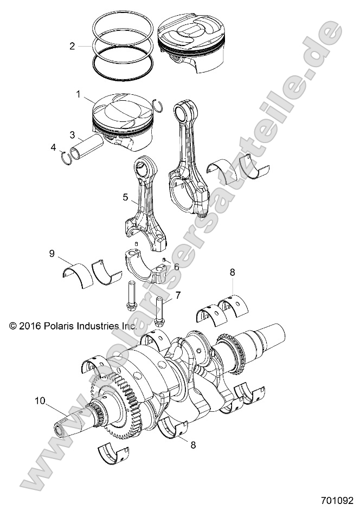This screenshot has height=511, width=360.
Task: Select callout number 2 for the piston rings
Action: click(72, 46)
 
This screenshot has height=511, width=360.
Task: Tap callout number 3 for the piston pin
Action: click(72, 134)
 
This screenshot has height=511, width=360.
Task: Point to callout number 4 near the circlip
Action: click(53, 147)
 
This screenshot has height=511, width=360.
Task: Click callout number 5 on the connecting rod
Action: click(126, 198)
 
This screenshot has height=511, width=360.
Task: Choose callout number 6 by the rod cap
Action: click(176, 267)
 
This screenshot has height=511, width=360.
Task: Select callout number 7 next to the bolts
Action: click(177, 295)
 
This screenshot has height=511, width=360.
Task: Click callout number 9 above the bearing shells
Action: click(52, 253)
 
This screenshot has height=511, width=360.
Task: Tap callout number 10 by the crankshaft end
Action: click(40, 402)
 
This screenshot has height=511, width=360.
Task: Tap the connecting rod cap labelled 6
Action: click(146, 269)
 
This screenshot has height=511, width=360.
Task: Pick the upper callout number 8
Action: click(233, 273)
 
